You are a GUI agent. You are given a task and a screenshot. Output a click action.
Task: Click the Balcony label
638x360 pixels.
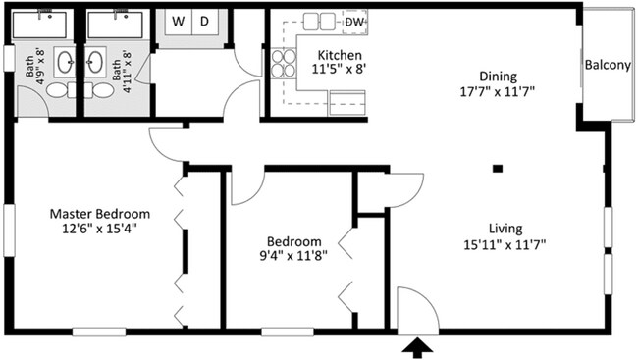pyautogui.click(x=608, y=65)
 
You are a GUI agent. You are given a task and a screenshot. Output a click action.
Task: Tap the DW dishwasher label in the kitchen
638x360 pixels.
pyautogui.click(x=355, y=21)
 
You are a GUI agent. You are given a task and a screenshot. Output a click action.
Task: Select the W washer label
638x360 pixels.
pyautogui.click(x=180, y=21)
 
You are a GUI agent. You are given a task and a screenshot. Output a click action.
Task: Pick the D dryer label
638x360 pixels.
pyautogui.click(x=204, y=21)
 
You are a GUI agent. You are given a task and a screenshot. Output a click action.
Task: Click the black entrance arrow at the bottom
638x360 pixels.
pyautogui.click(x=416, y=346)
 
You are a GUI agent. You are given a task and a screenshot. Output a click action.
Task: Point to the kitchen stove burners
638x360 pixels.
pyautogui.click(x=284, y=64)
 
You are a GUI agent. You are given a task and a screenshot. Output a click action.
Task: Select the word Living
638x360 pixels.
pyautogui.click(x=507, y=229)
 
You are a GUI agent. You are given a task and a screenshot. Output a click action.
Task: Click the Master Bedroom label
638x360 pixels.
pyautogui.click(x=99, y=214)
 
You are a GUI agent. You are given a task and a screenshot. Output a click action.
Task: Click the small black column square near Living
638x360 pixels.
pyautogui.click(x=498, y=169)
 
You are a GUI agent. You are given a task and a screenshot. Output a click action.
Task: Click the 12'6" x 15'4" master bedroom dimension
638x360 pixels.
pyautogui.click(x=99, y=231)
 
